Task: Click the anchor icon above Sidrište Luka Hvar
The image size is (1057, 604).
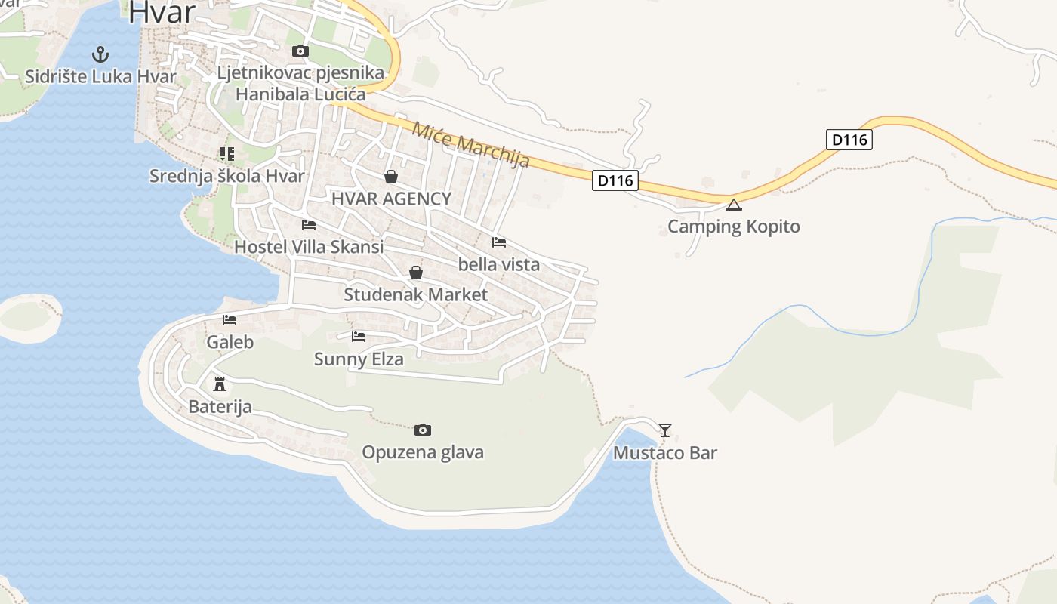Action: pos(100,54)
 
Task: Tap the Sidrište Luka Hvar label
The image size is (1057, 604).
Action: pos(100,76)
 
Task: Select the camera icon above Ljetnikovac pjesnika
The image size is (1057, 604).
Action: pos(300,51)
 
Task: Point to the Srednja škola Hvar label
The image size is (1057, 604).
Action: pos(227,176)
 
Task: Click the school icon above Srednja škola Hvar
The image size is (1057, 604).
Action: pos(227,154)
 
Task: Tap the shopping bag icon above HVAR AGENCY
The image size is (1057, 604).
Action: pos(391,177)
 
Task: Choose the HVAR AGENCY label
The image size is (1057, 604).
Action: pos(391,199)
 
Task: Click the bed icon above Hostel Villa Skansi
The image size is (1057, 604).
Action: pos(309,225)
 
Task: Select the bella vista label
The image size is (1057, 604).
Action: pos(499,264)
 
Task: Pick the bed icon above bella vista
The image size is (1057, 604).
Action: pos(499,242)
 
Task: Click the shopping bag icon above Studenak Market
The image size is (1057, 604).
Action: pos(416,273)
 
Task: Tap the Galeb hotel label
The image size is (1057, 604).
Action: pos(230,342)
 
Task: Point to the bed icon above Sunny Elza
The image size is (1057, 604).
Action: pos(359,337)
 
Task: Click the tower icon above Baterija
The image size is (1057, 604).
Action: pos(220,384)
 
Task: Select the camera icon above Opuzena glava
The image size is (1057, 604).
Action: pos(423,430)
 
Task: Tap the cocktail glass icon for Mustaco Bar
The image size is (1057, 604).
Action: pos(665,430)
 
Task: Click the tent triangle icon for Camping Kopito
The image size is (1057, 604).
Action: pos(734,205)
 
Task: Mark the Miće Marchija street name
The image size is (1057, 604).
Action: pos(470,144)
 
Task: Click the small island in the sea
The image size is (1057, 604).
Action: pos(29,317)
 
